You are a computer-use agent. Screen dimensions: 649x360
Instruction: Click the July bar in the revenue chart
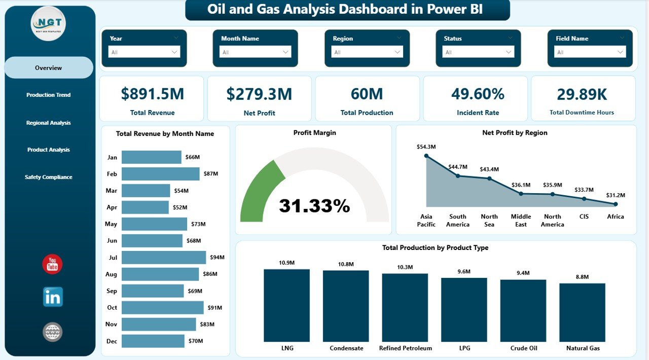(x=164, y=258)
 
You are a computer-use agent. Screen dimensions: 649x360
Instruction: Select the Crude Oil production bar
(x=523, y=311)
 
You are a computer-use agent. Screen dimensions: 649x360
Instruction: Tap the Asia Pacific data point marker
(x=426, y=156)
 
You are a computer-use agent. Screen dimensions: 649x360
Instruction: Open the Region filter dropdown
(x=367, y=52)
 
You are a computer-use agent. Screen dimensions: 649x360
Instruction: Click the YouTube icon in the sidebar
(x=52, y=264)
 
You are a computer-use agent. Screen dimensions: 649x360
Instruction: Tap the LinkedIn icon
(x=53, y=297)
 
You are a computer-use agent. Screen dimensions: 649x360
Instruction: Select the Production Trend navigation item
(x=48, y=95)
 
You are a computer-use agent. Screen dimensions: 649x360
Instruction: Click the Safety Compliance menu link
(x=48, y=177)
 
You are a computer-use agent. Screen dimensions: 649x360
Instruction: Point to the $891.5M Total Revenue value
(x=153, y=94)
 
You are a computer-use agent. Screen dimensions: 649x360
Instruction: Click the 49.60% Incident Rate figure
(x=478, y=94)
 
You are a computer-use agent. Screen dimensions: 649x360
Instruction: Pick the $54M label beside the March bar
(x=181, y=191)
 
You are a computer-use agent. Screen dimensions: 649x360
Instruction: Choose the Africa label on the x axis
(x=616, y=217)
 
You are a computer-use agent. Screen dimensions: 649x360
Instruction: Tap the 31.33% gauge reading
(x=314, y=205)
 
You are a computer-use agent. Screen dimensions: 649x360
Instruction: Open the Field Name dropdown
(x=590, y=52)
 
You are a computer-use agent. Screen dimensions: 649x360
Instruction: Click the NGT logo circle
(x=48, y=23)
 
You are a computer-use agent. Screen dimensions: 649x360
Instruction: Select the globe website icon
(x=52, y=332)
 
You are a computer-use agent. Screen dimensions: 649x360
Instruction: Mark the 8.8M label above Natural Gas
(x=582, y=277)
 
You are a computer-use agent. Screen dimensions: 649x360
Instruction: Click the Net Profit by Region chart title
(x=515, y=133)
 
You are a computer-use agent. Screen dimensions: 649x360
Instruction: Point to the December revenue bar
(x=153, y=341)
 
